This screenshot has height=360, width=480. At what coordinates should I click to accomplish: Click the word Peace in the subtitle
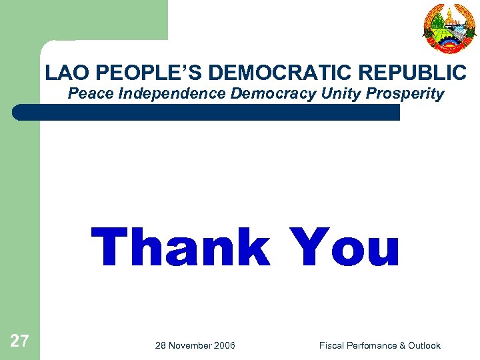click(x=91, y=93)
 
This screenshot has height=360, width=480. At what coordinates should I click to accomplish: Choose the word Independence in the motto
click(x=173, y=93)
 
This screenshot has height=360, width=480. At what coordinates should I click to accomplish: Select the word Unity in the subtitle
click(x=341, y=93)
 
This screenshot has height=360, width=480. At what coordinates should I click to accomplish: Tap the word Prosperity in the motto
click(x=405, y=93)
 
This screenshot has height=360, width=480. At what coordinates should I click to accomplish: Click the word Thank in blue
click(x=180, y=248)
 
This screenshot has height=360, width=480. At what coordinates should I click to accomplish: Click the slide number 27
click(x=19, y=342)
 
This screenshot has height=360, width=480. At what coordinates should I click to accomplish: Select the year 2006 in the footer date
click(x=224, y=345)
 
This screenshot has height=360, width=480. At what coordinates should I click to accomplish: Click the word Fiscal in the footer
click(x=331, y=345)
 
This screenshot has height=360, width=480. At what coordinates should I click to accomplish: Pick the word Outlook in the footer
click(x=425, y=345)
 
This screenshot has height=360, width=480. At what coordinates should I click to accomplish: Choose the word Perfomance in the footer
click(x=371, y=345)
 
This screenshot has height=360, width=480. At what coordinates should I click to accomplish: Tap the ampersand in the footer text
click(x=403, y=345)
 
